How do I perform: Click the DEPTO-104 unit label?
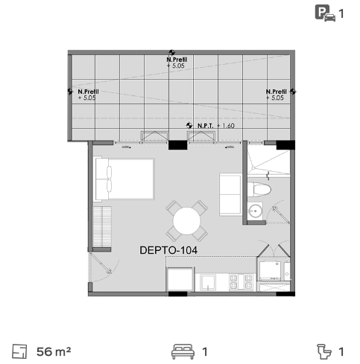click(168, 250)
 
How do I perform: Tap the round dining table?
click(187, 221)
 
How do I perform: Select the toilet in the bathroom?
click(259, 190)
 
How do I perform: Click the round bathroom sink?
click(255, 211)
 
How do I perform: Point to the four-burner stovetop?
click(241, 282)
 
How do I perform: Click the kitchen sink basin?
click(208, 282)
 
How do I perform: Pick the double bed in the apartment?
click(124, 179)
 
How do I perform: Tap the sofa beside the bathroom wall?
click(230, 194)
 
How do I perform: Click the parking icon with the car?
click(325, 13)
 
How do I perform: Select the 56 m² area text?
click(54, 351)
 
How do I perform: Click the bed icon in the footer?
click(183, 351)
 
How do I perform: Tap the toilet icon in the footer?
click(324, 351)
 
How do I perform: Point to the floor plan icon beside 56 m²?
click(19, 351)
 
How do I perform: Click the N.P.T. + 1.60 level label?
click(216, 126)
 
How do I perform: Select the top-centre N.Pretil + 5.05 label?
click(177, 63)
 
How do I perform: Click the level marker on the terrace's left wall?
click(70, 92)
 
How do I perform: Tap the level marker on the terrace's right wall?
click(293, 92)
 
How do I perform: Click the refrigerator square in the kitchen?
click(180, 279)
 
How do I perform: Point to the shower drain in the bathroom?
click(253, 168)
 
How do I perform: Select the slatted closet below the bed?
click(102, 227)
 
